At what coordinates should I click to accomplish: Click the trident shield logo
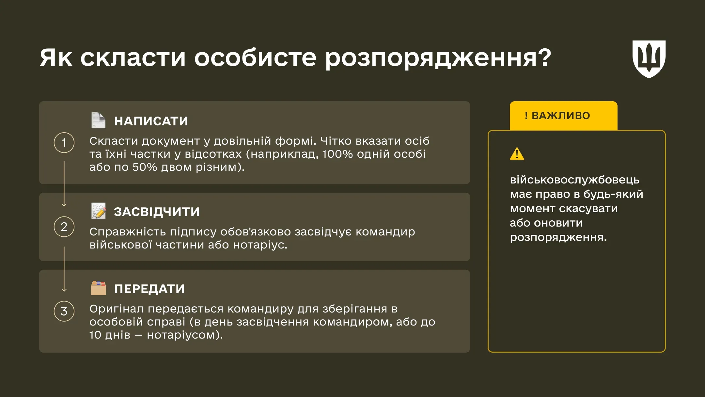(x=649, y=59)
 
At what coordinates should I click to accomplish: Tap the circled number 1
(x=64, y=143)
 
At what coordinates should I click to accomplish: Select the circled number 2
(x=64, y=227)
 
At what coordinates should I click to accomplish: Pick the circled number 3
(x=64, y=311)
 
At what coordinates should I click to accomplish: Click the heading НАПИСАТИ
(x=151, y=121)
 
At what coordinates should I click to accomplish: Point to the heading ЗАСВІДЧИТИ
(x=157, y=212)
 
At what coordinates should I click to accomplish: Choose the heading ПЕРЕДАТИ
(x=149, y=289)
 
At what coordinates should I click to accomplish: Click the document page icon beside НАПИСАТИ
(x=98, y=120)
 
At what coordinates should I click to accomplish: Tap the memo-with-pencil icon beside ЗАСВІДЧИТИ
(x=99, y=211)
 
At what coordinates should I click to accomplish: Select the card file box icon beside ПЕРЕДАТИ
(x=98, y=288)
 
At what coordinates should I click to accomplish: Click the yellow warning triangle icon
(x=517, y=154)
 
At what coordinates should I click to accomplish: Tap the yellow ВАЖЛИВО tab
(x=563, y=116)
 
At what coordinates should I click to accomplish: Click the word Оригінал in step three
(x=117, y=309)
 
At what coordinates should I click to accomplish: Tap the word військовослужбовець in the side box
(x=574, y=180)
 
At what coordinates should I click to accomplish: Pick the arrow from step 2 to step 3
(x=64, y=269)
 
